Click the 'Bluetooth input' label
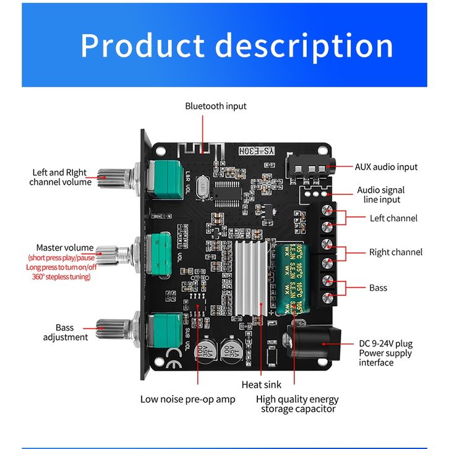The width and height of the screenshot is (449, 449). pos(215,106)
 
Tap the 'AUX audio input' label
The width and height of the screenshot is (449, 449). pos(386,167)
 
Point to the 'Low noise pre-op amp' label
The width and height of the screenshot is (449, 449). pos(187,399)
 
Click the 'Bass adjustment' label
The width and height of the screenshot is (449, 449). pos(65,332)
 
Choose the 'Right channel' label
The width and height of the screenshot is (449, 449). pos(396,252)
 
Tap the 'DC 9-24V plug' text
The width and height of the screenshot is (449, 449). pos(386,344)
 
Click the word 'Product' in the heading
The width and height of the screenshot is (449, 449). pos(142,46)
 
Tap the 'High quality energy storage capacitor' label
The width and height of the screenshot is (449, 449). pos(297,404)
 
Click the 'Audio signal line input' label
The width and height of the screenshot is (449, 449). pos(381,195)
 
